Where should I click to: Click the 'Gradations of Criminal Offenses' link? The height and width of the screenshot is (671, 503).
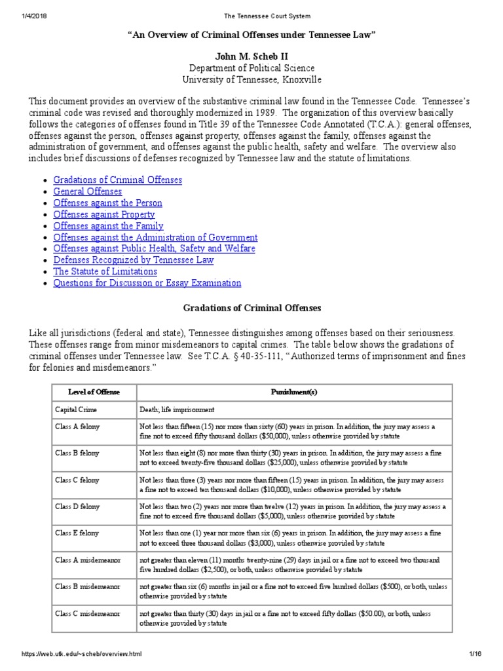pyautogui.click(x=117, y=180)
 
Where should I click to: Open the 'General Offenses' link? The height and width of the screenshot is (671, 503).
pyautogui.click(x=87, y=191)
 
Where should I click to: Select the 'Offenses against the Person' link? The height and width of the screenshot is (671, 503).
pyautogui.click(x=107, y=203)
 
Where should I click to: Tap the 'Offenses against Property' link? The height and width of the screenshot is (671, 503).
pyautogui.click(x=103, y=214)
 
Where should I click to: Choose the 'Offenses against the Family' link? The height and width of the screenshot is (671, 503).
pyautogui.click(x=108, y=226)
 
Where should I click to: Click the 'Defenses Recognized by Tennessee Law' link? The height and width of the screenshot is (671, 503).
pyautogui.click(x=133, y=260)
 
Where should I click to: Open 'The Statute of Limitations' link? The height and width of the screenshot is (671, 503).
pyautogui.click(x=105, y=271)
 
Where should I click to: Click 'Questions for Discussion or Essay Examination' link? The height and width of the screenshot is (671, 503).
pyautogui.click(x=147, y=283)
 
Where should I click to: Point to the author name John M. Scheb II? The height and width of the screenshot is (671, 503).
pyautogui.click(x=251, y=57)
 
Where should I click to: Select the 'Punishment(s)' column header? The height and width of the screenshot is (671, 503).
pyautogui.click(x=293, y=392)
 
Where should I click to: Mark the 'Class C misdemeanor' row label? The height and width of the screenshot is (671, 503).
pyautogui.click(x=88, y=614)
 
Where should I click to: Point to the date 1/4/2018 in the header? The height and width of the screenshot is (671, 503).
pyautogui.click(x=23, y=16)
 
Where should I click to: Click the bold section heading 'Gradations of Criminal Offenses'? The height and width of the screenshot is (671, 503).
pyautogui.click(x=251, y=307)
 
